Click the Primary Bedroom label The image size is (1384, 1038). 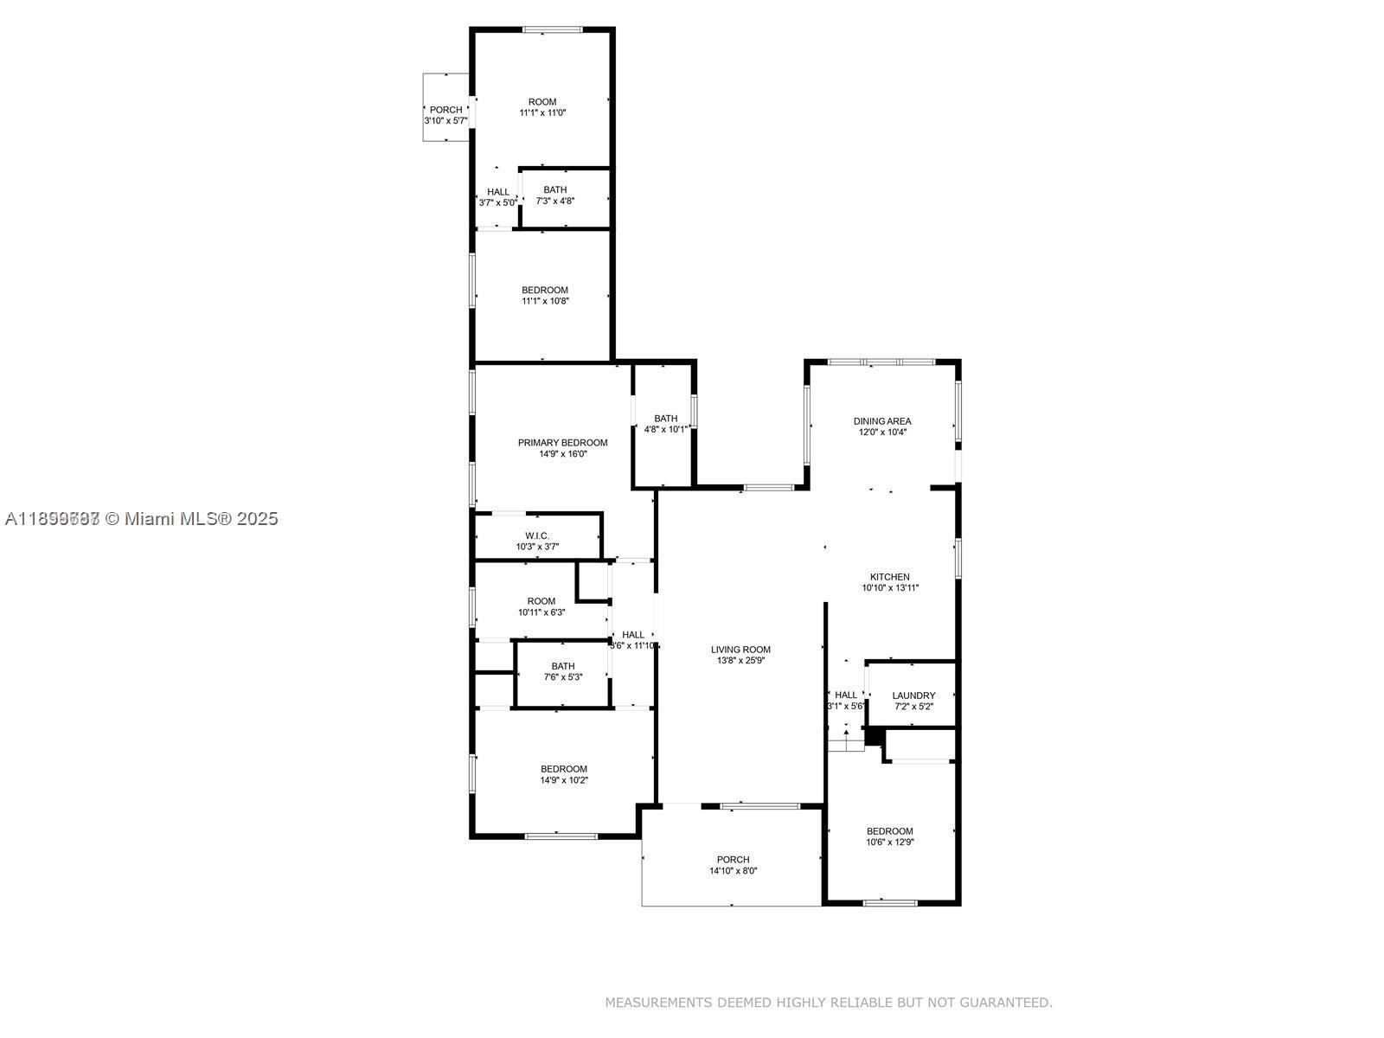[562, 443]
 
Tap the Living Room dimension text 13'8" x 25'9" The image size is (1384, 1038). [740, 661]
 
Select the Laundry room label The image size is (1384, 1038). [913, 695]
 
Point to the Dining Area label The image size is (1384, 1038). [882, 421]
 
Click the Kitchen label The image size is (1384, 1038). [889, 577]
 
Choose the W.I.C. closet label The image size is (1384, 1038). [537, 536]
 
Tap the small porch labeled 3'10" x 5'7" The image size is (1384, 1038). [445, 115]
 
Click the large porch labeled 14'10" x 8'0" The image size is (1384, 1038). [733, 865]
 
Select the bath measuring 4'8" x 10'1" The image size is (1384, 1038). [665, 424]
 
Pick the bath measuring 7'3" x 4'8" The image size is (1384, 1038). [554, 195]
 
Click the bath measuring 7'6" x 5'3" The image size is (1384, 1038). [562, 671]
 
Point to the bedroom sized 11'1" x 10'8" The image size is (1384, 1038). [544, 296]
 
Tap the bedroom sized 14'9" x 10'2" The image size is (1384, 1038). [563, 774]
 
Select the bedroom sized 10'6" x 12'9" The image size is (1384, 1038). [889, 836]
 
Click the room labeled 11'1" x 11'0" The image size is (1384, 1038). [542, 107]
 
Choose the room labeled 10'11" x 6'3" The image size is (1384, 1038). [541, 606]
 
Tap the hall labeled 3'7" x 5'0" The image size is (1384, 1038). [498, 197]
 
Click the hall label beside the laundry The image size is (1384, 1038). [846, 695]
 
